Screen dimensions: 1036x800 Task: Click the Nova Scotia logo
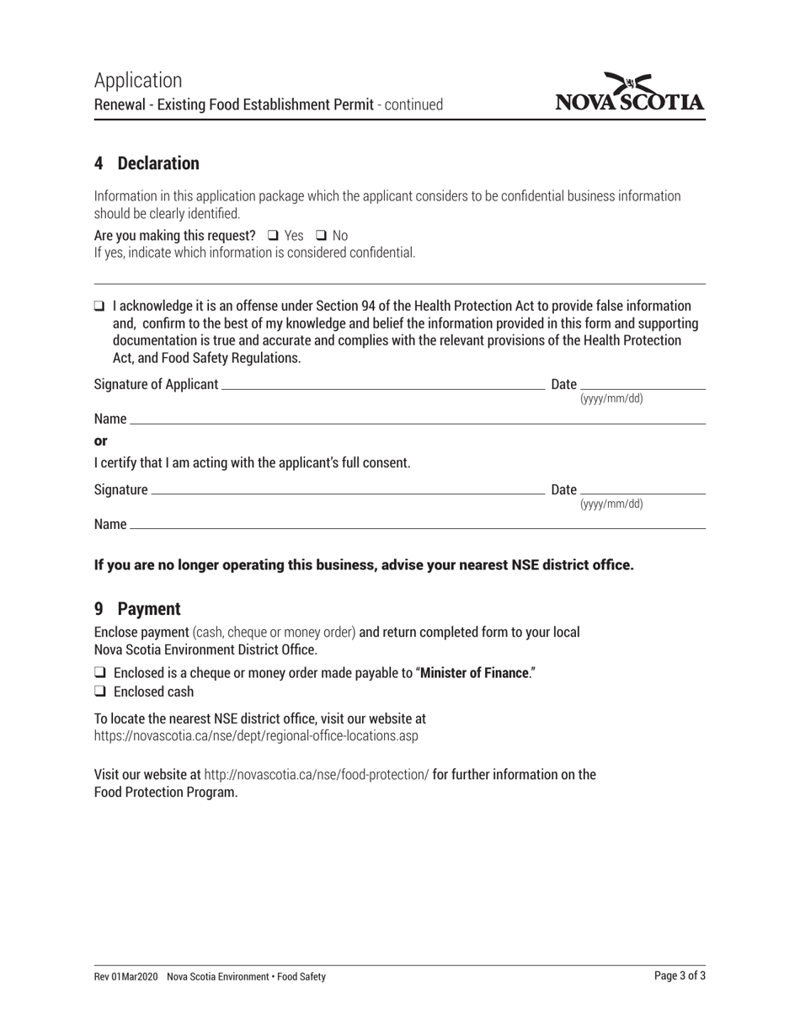[x=629, y=93]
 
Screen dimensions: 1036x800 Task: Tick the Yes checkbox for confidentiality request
[x=273, y=236]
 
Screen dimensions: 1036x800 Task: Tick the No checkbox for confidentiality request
[x=321, y=236]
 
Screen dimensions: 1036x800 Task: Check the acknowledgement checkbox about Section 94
[x=99, y=306]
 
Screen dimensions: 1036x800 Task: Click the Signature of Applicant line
[x=381, y=385]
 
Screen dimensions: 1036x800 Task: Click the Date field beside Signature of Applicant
[x=643, y=385]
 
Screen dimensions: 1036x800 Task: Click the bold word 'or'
[x=101, y=441]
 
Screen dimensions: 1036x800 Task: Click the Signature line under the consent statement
[x=345, y=490]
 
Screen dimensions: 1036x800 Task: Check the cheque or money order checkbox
[x=99, y=673]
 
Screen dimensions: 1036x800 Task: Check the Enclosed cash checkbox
[x=99, y=692]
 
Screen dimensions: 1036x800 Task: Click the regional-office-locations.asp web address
[x=256, y=735]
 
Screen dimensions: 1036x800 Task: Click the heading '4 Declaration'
[x=147, y=163]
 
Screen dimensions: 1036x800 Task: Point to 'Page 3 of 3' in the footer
[x=680, y=976]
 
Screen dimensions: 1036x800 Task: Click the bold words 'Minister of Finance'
[x=474, y=673]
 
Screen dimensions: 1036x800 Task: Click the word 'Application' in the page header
[x=138, y=81]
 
